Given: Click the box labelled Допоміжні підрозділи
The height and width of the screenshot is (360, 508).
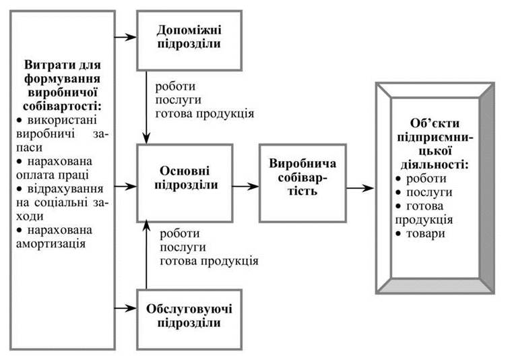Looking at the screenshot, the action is click(x=189, y=40).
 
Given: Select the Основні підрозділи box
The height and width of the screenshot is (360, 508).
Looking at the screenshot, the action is click(x=185, y=183).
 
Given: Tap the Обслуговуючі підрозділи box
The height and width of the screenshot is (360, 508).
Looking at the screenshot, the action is click(x=189, y=320).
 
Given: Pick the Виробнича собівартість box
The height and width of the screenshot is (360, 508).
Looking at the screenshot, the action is click(x=303, y=183).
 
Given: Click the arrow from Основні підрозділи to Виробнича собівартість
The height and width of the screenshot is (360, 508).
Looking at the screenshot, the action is click(x=245, y=186).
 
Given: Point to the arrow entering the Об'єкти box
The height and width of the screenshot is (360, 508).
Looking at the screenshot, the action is click(x=360, y=188).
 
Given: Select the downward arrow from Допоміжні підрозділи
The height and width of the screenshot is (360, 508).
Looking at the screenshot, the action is click(x=146, y=107).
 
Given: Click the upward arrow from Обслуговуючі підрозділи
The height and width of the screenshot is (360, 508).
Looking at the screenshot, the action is click(x=146, y=255).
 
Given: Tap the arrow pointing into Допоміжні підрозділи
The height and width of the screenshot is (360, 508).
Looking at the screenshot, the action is click(x=126, y=37).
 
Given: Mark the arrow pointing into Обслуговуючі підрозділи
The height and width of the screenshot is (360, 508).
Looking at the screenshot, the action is click(x=126, y=308).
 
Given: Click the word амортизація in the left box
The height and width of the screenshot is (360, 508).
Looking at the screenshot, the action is click(x=51, y=244).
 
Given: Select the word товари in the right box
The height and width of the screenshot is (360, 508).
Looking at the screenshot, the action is click(x=425, y=233).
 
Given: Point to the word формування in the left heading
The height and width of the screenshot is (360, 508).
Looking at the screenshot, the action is click(x=62, y=79).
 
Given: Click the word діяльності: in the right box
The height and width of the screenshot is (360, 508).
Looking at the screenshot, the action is click(x=435, y=164).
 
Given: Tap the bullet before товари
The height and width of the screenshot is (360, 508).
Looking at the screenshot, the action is click(x=398, y=234).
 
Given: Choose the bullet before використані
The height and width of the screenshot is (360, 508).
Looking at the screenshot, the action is click(x=20, y=120).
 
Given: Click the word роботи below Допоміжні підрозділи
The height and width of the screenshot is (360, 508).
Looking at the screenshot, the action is click(x=175, y=86).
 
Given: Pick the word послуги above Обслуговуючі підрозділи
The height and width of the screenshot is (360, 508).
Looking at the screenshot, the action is click(x=183, y=247).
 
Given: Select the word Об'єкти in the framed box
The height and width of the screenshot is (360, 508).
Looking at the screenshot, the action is click(x=435, y=123).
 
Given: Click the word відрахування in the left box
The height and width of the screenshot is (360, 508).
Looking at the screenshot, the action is click(x=65, y=189).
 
